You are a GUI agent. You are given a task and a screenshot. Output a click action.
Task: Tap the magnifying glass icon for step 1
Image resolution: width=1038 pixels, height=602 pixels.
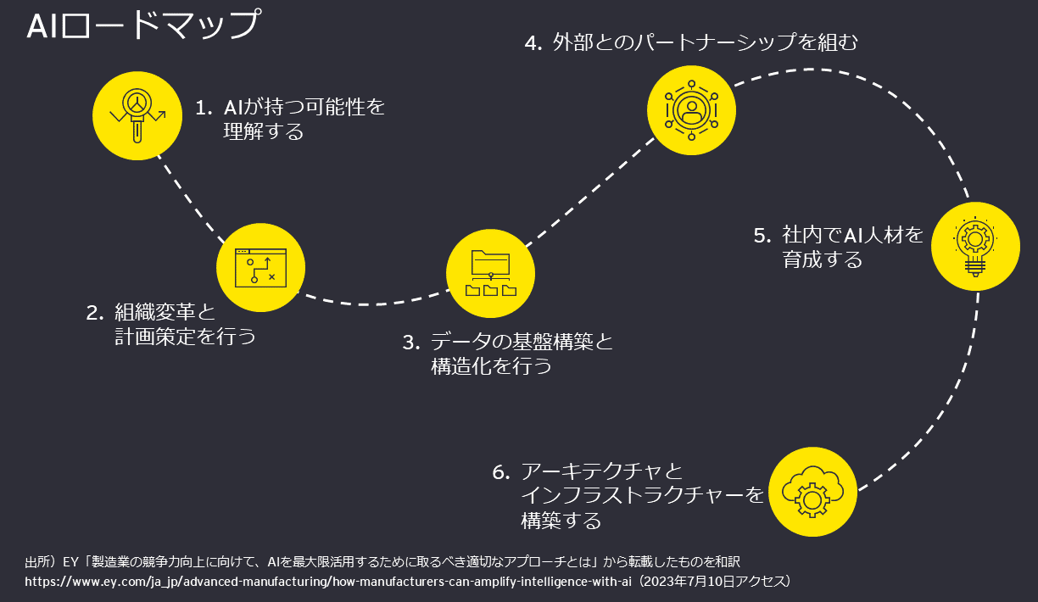point(137,115)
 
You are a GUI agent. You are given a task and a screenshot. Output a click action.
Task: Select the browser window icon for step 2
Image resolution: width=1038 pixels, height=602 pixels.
point(260,266)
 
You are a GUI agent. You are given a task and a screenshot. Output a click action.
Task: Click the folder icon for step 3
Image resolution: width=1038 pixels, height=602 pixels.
point(491,272)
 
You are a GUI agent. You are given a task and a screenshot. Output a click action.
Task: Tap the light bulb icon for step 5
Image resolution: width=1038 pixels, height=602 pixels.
point(974,246)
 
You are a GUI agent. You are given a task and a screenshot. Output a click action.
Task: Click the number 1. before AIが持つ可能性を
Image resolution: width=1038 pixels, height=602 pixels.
point(204,109)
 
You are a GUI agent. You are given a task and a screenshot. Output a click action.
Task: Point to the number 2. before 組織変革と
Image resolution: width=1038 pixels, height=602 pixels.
point(94,313)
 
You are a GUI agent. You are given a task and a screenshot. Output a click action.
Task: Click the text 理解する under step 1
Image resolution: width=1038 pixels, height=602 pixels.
point(263,132)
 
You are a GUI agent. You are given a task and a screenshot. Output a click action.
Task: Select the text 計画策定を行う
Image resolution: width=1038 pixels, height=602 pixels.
point(185,337)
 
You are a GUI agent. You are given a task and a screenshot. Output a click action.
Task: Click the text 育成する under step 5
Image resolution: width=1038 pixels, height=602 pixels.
point(822,259)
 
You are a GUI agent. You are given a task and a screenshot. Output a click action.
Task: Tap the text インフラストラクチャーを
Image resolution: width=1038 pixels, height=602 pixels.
point(642,495)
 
